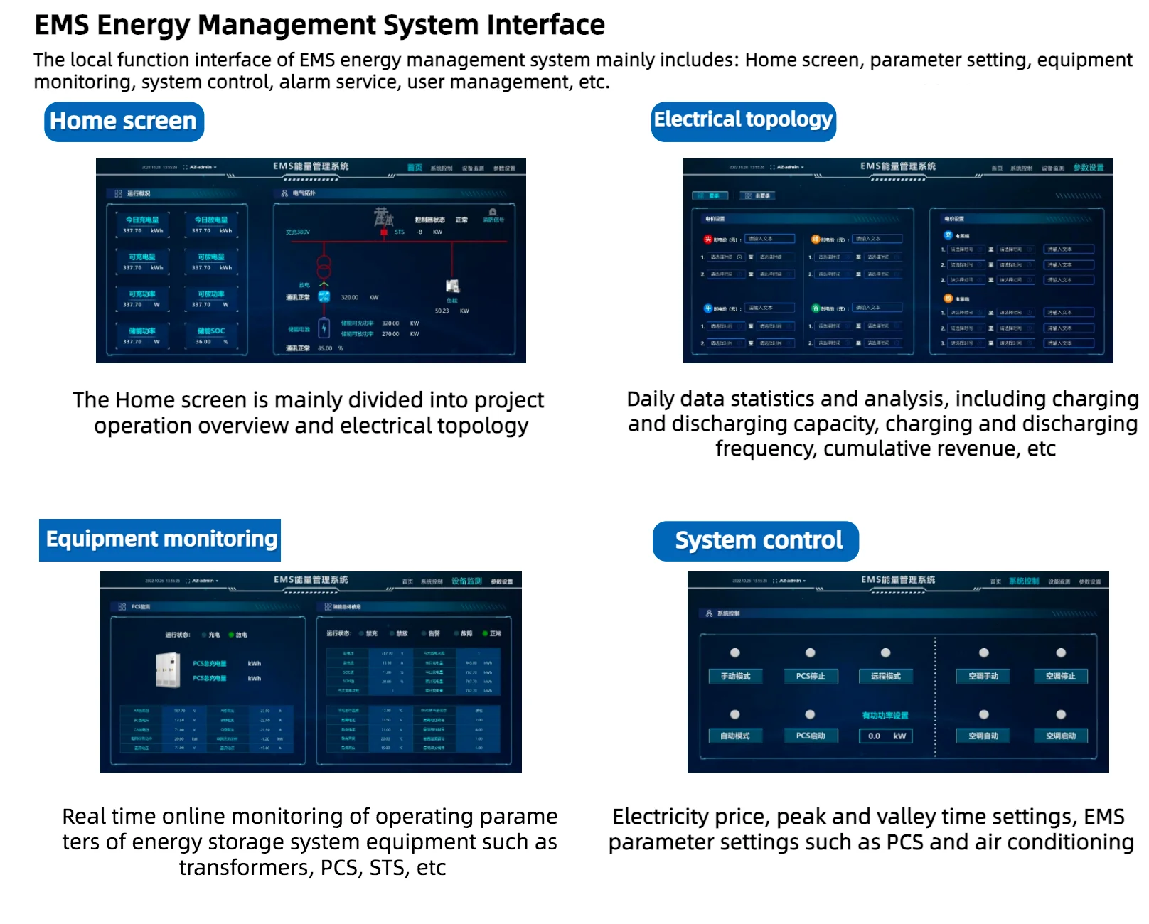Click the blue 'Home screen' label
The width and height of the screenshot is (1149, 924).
[124, 122]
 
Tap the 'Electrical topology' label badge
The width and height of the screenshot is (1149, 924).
[743, 121]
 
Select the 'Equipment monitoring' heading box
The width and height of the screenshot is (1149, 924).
[160, 539]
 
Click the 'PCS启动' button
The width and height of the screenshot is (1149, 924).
[810, 736]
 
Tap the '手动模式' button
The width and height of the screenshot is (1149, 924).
[735, 676]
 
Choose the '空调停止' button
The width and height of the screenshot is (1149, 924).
[1060, 676]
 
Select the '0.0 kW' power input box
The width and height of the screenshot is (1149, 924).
[886, 736]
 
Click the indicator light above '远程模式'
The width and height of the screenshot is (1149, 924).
[885, 652]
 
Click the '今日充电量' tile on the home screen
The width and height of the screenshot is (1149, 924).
[142, 225]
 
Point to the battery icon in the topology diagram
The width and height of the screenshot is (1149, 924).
[324, 328]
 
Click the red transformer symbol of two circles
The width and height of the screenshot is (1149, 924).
[324, 267]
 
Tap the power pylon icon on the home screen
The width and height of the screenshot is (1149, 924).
[384, 216]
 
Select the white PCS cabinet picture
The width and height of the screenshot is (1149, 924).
[168, 669]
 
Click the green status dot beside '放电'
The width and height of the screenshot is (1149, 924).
[231, 635]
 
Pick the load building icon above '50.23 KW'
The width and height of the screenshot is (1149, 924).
[452, 286]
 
